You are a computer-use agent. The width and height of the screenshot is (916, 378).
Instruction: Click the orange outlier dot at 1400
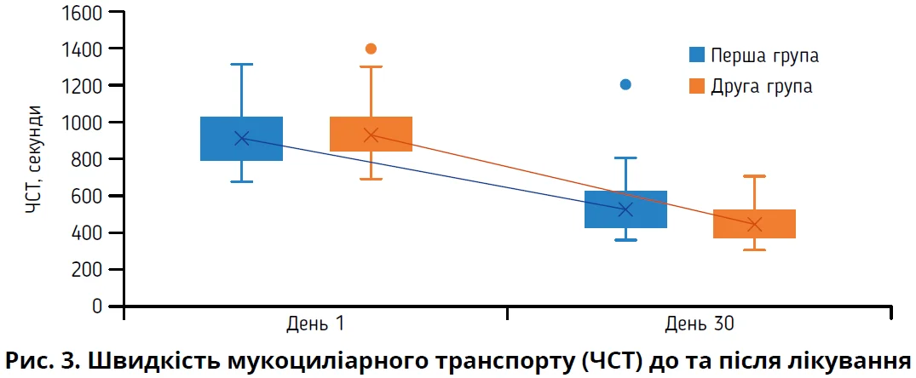[x=371, y=49]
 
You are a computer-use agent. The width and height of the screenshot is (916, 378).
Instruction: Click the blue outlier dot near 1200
[x=625, y=84]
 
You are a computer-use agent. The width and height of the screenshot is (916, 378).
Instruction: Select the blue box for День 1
[x=242, y=138]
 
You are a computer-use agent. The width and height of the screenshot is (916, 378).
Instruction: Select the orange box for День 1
[x=371, y=134]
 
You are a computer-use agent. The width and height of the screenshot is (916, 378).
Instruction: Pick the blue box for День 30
[x=625, y=209]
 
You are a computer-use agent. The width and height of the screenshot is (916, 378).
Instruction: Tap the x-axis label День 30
[x=699, y=324]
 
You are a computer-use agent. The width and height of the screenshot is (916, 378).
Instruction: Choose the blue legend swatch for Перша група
[x=697, y=55]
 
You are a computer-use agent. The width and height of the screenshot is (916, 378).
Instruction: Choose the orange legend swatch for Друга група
[x=697, y=86]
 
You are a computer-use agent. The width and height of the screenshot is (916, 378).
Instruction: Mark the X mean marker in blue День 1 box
[x=242, y=138]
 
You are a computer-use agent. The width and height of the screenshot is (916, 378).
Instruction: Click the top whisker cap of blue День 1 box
[x=242, y=64]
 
